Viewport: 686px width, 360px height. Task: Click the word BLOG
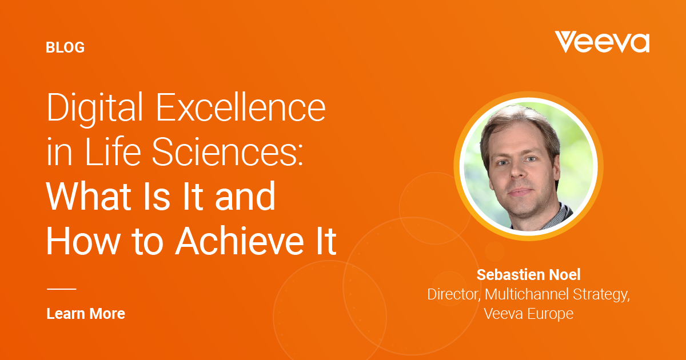tap(65, 47)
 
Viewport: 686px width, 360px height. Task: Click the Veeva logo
tap(602, 42)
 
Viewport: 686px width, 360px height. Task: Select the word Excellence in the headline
tap(241, 107)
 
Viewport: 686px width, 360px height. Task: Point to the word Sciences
tap(224, 151)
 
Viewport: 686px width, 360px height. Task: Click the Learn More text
tap(86, 314)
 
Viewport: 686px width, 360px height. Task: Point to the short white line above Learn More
tap(62, 289)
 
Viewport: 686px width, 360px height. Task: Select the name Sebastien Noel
tap(528, 275)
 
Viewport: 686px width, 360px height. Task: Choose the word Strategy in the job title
tap(601, 295)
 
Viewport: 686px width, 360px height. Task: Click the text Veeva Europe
tap(529, 314)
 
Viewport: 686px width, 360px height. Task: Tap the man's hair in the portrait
tap(521, 126)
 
